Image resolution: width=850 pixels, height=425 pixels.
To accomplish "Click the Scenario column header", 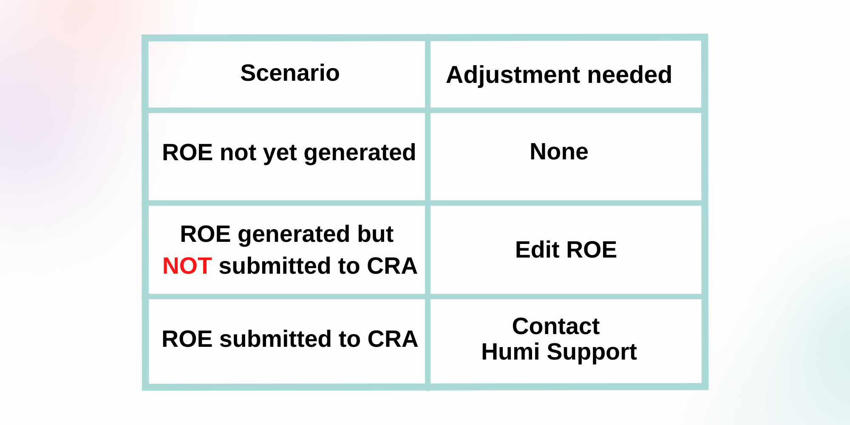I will (290, 73).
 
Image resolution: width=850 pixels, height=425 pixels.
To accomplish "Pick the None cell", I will (559, 152).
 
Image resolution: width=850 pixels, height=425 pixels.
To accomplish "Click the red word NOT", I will (187, 266).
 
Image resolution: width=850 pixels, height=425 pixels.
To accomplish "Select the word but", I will (375, 234).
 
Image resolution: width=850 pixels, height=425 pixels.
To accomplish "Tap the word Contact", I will (555, 326).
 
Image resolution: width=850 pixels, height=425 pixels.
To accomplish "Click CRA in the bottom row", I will (393, 339).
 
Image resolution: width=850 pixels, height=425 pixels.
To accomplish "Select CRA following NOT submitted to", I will (392, 266).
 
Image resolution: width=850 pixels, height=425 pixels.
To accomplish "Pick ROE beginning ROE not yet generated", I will (187, 153).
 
